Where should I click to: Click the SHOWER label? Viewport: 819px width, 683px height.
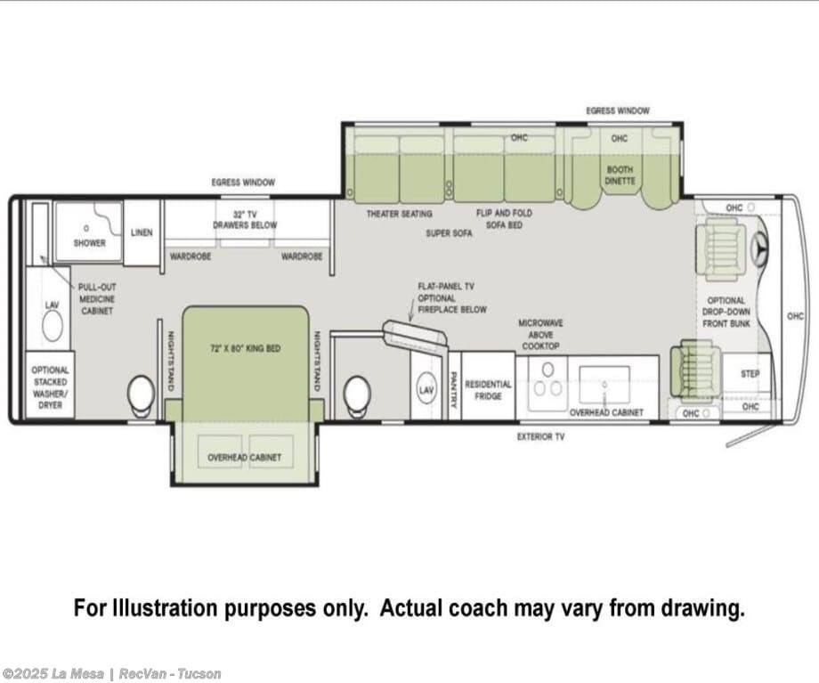coord(89,243)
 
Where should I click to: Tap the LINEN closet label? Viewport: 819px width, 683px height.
coord(142,232)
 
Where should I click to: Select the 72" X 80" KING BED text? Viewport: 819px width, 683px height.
coord(245,348)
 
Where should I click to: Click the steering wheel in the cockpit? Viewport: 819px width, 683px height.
coord(758,245)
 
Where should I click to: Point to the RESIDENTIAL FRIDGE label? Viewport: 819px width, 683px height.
coord(488,390)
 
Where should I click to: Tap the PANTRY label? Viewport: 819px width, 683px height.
coord(453,390)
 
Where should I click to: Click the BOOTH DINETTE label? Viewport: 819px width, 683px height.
coord(620,175)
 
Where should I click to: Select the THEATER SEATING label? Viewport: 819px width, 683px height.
coord(399,214)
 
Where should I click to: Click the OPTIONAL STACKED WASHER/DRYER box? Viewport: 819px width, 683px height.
coord(50,386)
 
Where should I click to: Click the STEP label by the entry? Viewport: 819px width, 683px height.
coord(750,374)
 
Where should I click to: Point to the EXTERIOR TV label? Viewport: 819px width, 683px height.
coord(540,437)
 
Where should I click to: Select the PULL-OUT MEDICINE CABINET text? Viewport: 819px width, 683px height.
coord(97,299)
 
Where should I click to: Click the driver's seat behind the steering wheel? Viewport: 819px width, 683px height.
coord(721,247)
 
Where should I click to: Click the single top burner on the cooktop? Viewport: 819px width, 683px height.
coord(547,370)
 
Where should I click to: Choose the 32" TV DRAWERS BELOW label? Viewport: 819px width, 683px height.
coord(245,220)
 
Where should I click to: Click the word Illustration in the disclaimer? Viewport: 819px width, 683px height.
coord(164,608)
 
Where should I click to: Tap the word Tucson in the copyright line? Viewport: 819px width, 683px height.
coord(199,674)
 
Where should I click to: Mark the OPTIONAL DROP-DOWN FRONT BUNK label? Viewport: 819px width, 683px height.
coord(726,312)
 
